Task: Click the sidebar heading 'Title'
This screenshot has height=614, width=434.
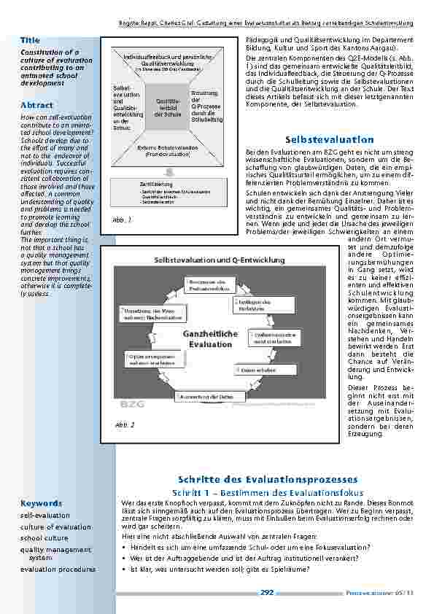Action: click(x=30, y=40)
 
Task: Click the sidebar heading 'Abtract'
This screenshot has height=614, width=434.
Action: click(x=36, y=104)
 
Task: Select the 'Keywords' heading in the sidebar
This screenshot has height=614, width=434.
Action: click(x=41, y=503)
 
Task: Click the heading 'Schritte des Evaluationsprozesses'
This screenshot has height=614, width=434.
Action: click(x=268, y=479)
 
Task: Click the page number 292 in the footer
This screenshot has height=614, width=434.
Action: click(x=266, y=593)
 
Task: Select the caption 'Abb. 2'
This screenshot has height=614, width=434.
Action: click(x=124, y=424)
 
